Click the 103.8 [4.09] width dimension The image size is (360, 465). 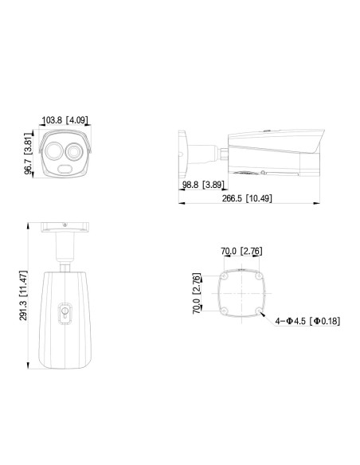tap(65, 120)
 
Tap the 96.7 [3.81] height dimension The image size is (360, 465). tap(28, 154)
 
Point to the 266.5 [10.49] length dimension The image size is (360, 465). tap(247, 198)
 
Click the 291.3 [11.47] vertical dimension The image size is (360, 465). tap(23, 295)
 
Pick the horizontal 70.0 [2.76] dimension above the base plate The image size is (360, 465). tap(241, 251)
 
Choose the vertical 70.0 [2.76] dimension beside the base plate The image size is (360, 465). tap(197, 293)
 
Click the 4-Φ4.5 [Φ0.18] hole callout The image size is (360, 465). tap(307, 321)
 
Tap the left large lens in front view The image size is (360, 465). tap(53, 151)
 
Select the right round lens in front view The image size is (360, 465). tap(73, 151)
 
